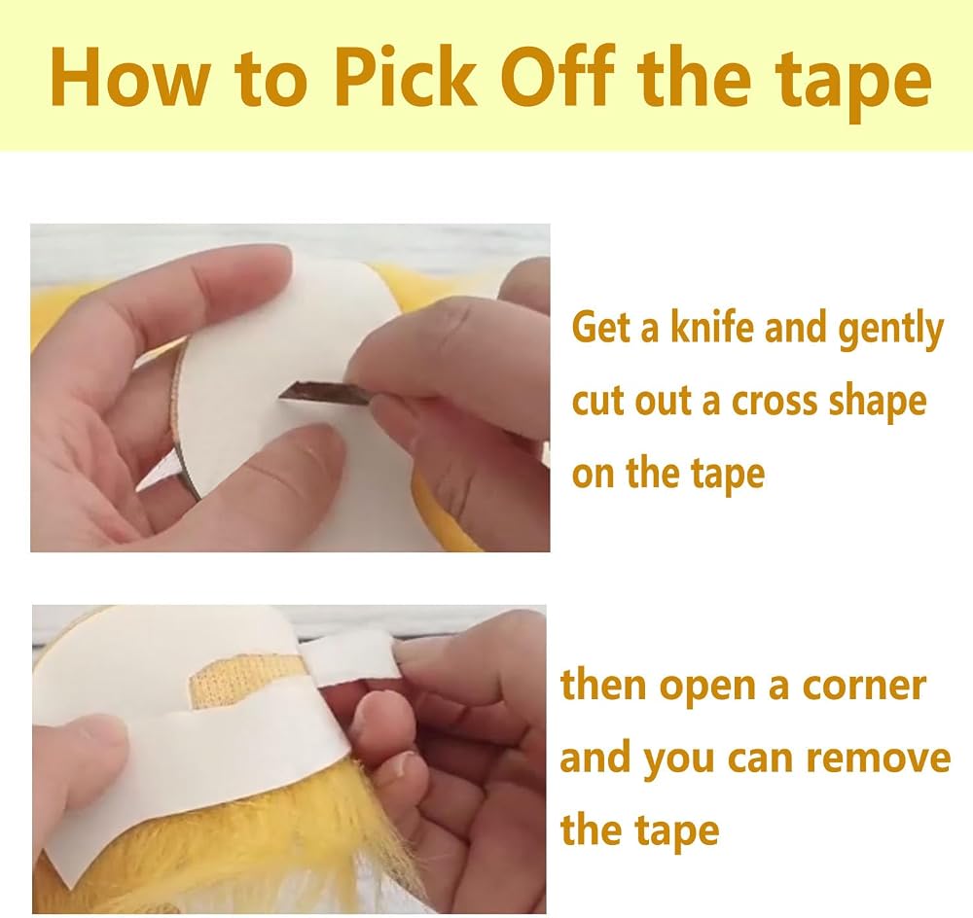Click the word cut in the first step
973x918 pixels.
598,401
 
